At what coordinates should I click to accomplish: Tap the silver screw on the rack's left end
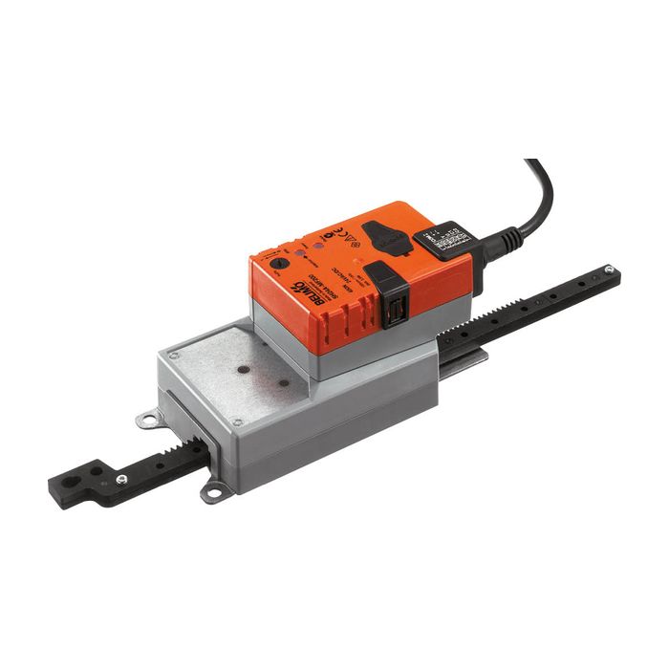(121, 479)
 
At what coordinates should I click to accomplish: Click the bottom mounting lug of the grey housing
(216, 493)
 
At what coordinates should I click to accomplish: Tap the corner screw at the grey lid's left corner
(175, 355)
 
